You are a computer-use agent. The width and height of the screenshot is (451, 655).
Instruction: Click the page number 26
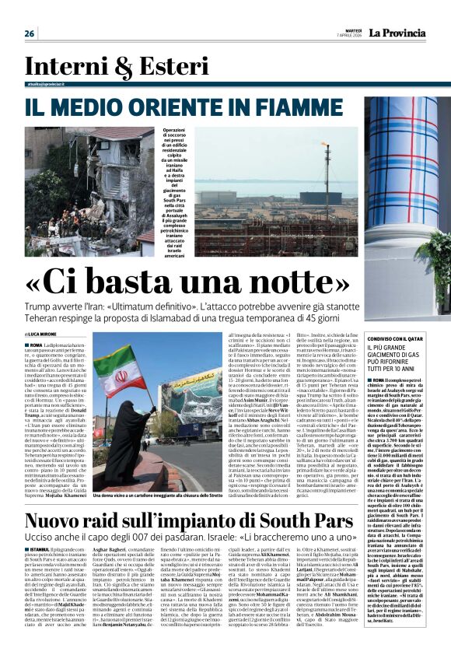pos(30,33)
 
